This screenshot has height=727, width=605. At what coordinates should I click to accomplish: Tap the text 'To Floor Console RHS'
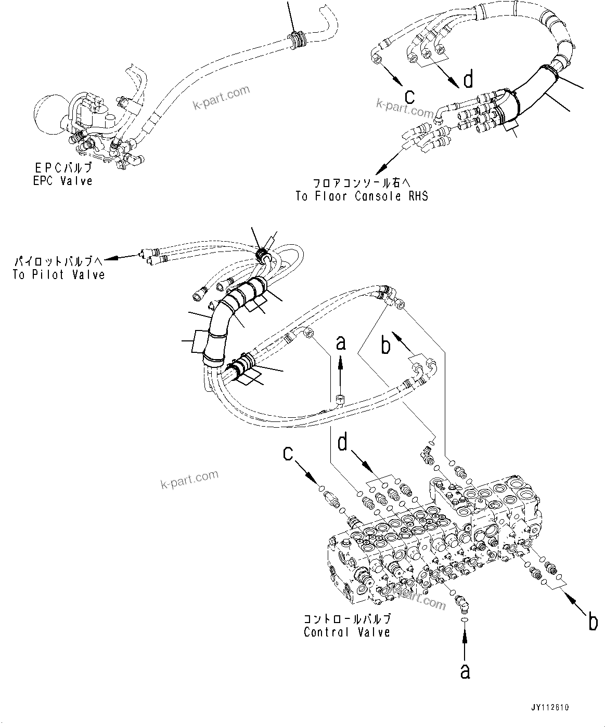click(362, 196)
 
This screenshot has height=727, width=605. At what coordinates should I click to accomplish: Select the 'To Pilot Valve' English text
click(59, 274)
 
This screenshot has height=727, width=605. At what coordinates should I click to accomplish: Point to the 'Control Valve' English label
click(347, 632)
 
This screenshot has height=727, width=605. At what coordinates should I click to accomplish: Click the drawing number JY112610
click(550, 708)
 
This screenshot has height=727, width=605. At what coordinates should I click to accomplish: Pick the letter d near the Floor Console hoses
click(469, 80)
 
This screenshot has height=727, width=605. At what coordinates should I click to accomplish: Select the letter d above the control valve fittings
click(343, 443)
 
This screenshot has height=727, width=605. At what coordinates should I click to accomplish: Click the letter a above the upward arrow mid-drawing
click(341, 343)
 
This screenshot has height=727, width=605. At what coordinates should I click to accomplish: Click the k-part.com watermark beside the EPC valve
click(221, 99)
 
